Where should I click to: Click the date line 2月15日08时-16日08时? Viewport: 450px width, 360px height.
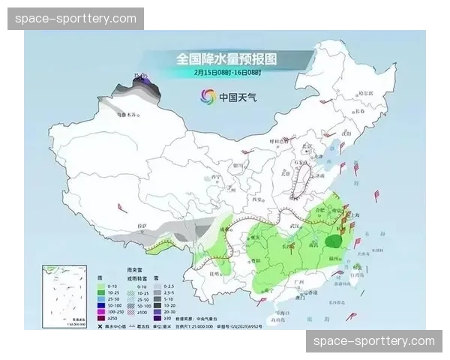(x=226, y=73)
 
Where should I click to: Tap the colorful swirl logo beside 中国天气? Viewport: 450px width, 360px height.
(x=208, y=96)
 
